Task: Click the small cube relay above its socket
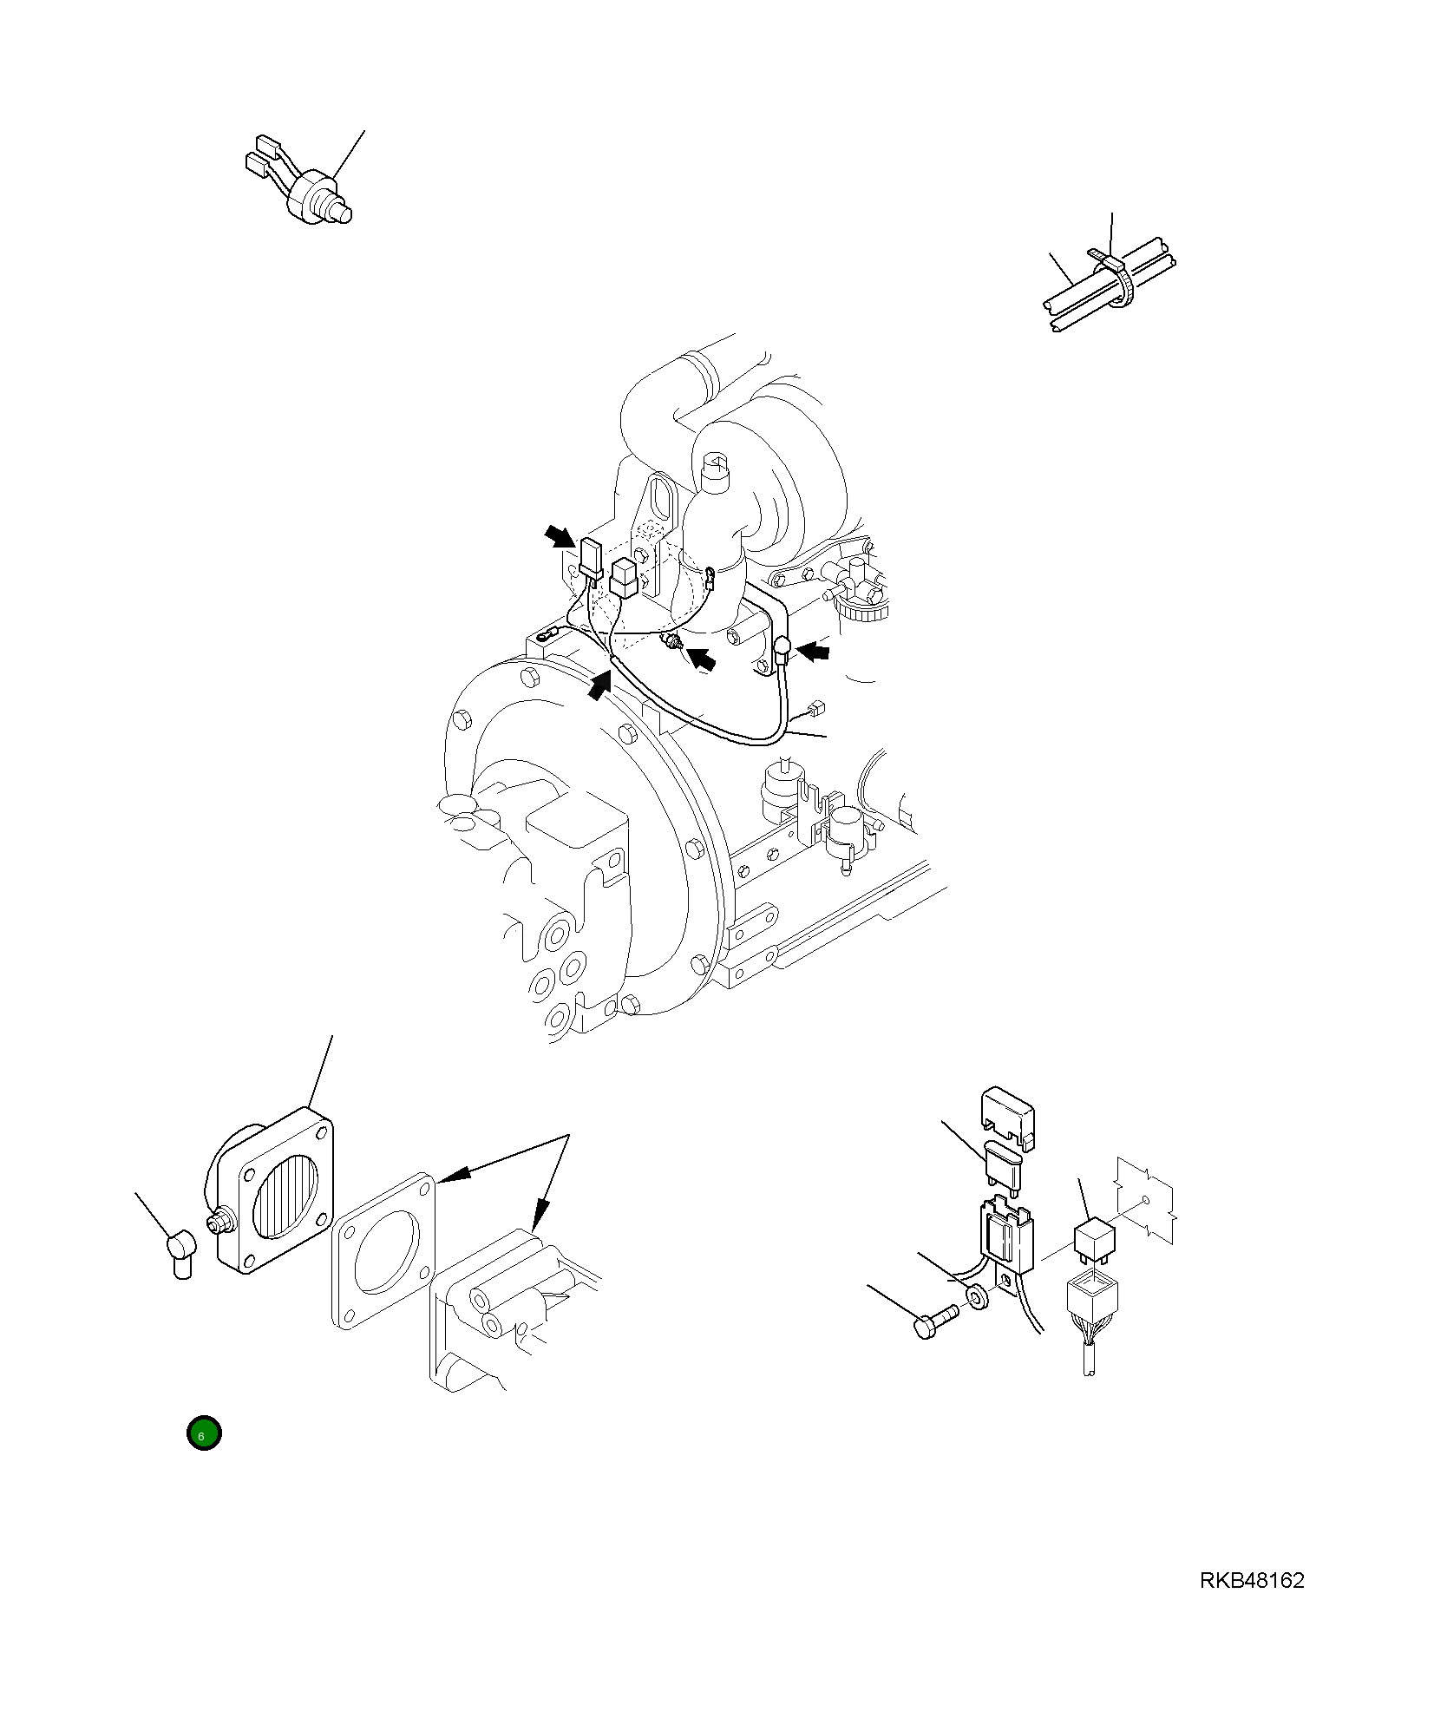point(1094,1236)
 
